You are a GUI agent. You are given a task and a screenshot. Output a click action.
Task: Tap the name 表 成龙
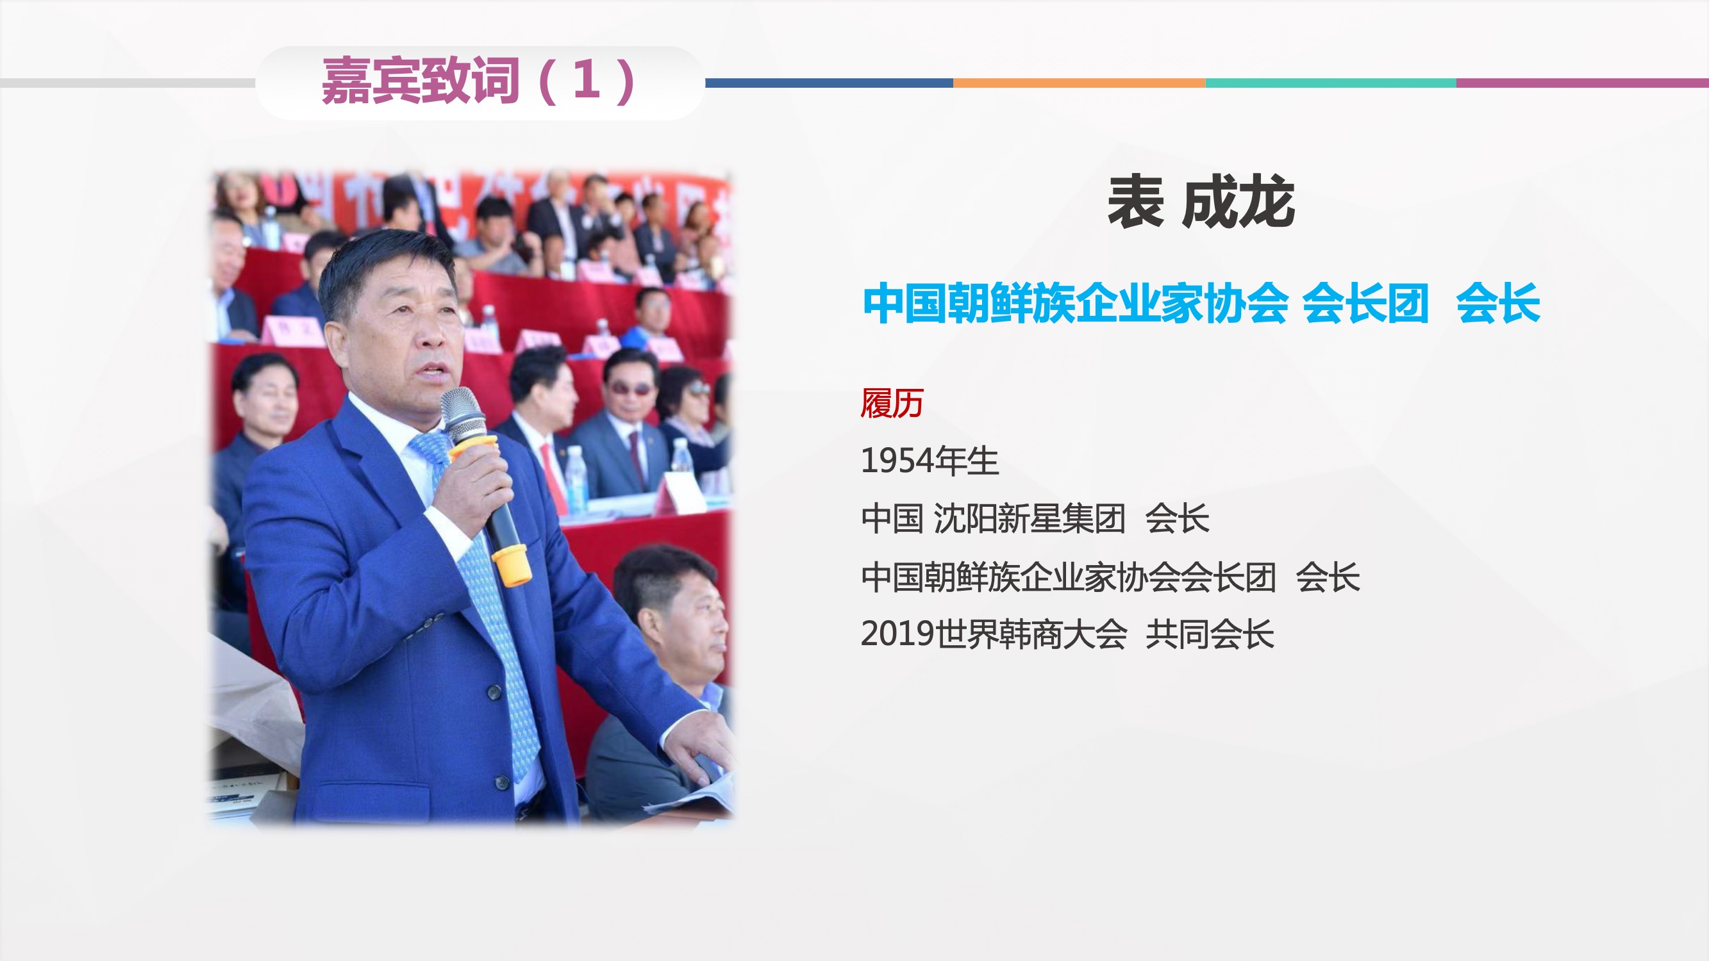1201,202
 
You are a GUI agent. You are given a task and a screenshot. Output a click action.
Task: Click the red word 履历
892,403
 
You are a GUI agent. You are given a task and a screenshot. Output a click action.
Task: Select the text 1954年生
930,461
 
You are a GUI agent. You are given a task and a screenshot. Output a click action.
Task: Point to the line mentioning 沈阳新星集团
1035,519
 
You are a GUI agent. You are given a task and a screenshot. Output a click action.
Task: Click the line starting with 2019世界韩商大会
1067,634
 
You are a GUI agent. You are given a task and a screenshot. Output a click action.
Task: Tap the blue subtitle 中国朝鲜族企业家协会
1076,303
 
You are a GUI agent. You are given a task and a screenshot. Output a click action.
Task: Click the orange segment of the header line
1079,83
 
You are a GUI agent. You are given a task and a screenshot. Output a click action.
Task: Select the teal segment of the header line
1330,83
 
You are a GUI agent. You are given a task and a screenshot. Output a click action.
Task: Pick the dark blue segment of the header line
829,83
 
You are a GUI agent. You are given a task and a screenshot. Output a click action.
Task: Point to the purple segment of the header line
1582,83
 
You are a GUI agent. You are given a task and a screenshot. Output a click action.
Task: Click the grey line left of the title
128,83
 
